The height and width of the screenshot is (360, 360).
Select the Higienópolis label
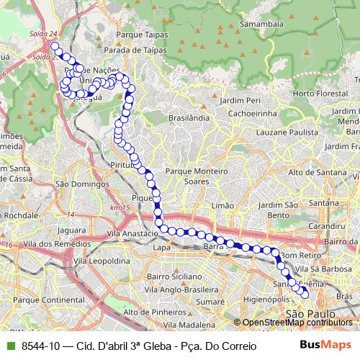[266, 297]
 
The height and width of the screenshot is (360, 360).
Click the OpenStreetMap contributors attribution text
[295, 323]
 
